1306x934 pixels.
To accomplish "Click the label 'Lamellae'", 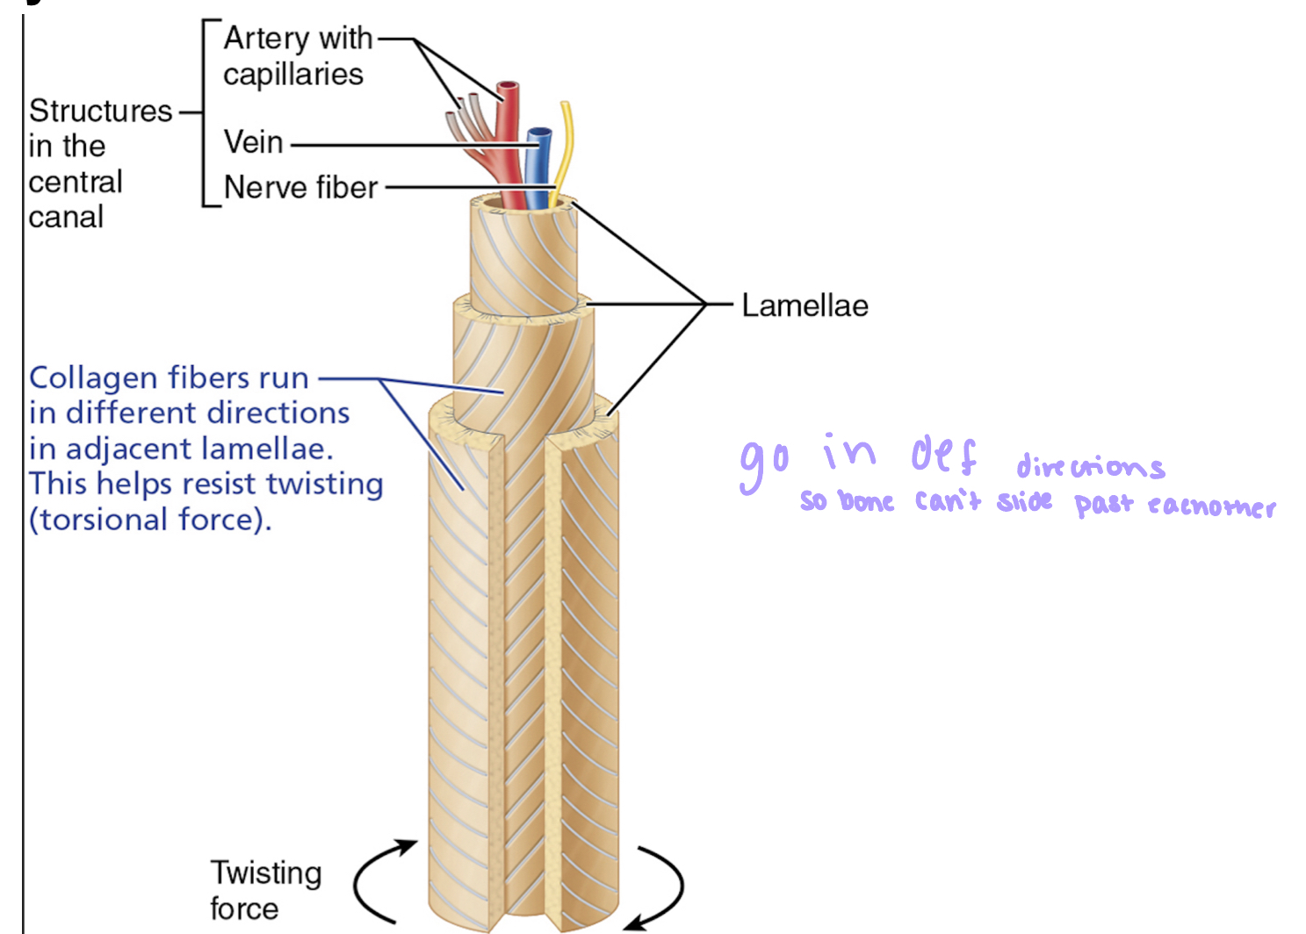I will click(x=805, y=305).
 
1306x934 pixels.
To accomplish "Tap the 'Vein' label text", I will click(x=253, y=142).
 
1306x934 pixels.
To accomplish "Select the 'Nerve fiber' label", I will click(x=300, y=188).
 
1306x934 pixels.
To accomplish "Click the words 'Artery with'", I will click(x=298, y=39).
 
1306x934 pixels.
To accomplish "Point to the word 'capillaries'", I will click(x=292, y=75).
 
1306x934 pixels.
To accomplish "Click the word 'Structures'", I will click(x=100, y=111).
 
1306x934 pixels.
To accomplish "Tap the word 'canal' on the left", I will click(x=66, y=217).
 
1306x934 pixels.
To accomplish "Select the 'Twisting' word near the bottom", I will click(x=265, y=873).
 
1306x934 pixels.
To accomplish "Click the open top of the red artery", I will click(x=508, y=87).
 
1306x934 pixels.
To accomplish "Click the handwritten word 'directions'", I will click(x=1090, y=466).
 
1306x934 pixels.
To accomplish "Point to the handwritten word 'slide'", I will click(x=1024, y=501).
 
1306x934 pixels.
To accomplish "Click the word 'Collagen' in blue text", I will click(x=92, y=378).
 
